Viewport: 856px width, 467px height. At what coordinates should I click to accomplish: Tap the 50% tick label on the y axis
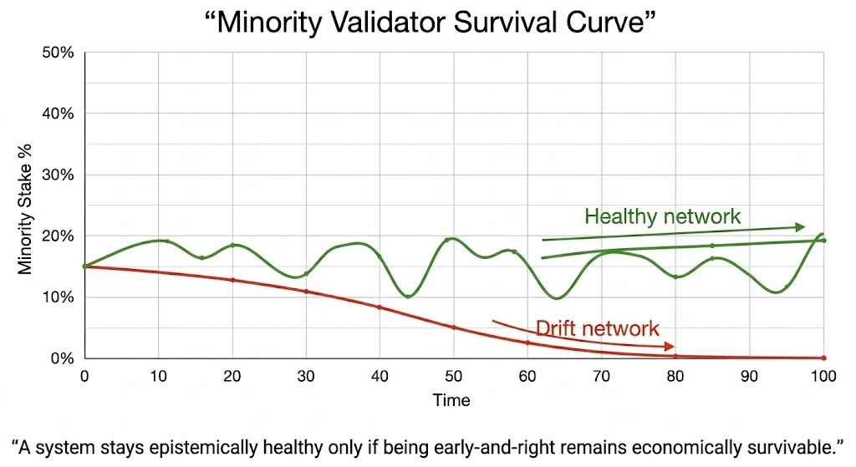point(59,52)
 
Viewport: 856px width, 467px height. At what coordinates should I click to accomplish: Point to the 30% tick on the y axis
point(59,175)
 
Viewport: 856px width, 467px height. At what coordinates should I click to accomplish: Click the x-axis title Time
point(451,400)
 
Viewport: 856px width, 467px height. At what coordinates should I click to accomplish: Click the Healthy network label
point(662,216)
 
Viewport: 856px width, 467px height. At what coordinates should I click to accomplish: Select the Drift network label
point(597,328)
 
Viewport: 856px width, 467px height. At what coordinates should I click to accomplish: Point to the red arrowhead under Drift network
point(669,346)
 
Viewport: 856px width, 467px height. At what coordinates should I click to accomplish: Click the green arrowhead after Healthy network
point(800,227)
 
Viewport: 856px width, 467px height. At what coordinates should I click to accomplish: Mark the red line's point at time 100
point(823,358)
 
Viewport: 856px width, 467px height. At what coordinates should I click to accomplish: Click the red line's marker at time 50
point(454,327)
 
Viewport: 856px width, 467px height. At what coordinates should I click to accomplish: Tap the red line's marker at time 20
point(232,280)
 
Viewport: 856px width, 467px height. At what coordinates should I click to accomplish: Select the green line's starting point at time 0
point(84,266)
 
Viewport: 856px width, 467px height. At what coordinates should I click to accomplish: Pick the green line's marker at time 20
point(232,246)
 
